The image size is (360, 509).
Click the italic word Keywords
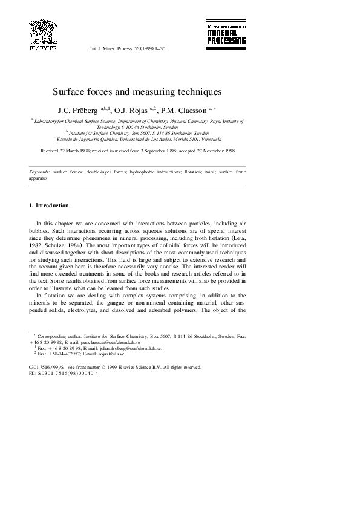pos(39,172)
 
